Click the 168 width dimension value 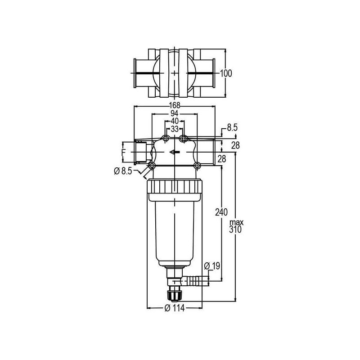point(175,105)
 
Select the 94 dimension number point(175,113)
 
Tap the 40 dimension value point(175,121)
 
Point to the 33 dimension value point(175,129)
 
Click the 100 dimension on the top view point(226,73)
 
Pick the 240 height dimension point(221,212)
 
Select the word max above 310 point(237,222)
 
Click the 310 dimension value point(235,229)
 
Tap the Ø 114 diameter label point(175,308)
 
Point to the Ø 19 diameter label point(212,266)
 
